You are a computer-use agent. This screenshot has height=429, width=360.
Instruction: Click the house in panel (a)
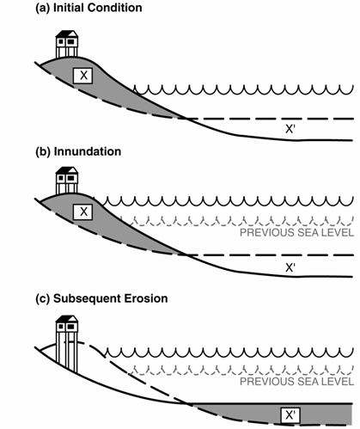tap(67, 43)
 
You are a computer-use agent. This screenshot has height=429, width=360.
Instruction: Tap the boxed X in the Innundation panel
tap(83, 211)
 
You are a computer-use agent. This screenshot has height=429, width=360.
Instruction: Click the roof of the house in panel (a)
tap(67, 34)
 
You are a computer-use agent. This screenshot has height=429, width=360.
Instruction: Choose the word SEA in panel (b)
tap(308, 234)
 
